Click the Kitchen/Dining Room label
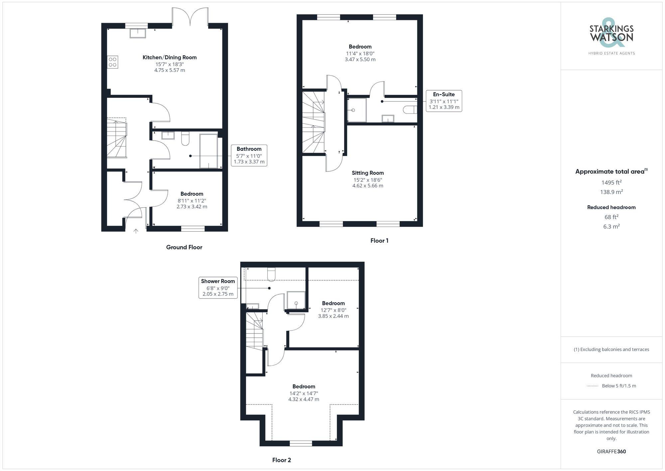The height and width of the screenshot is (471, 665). pos(170,57)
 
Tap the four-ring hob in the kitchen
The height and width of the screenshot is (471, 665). pos(112,62)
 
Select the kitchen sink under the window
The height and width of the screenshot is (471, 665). pos(138,33)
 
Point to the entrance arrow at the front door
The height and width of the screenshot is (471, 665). pos(136,231)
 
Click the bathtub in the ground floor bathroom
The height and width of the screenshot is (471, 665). pos(208,151)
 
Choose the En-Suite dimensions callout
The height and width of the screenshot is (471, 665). pos(444,101)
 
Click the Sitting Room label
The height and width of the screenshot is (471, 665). pos(368,173)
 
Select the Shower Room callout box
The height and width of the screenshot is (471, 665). pos(218,288)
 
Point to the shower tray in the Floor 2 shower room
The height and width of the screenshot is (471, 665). pos(296,301)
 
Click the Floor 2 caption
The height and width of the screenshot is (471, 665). pos(282,460)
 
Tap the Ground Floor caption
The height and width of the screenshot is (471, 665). pos(184,247)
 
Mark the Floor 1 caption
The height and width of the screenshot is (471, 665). pos(379,240)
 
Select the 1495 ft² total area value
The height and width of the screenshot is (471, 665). pos(611,182)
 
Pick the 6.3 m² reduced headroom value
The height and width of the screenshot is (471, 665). pos(611,226)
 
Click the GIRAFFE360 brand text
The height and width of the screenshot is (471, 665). pos(611,451)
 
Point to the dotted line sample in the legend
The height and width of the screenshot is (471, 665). pos(593,386)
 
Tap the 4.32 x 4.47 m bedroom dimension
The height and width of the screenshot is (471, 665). pos(304,399)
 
